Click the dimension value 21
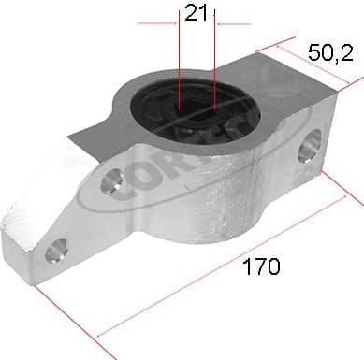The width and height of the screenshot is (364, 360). (x=196, y=12)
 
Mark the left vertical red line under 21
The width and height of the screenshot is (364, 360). (x=179, y=56)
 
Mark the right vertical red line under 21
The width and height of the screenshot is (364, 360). (x=214, y=56)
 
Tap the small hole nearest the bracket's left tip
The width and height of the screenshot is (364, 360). (x=57, y=250)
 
